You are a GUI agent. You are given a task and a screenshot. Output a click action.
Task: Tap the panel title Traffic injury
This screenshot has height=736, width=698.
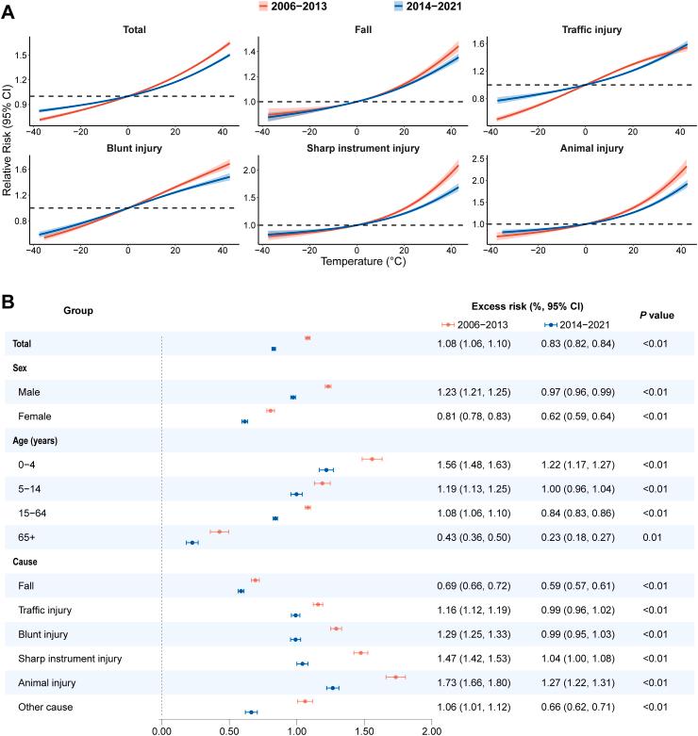592,30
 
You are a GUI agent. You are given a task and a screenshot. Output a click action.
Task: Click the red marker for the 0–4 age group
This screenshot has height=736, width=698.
372,459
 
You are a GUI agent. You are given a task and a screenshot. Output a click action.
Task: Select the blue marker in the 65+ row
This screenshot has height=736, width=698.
191,542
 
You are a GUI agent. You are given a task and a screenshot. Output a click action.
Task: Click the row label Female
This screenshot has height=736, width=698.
34,416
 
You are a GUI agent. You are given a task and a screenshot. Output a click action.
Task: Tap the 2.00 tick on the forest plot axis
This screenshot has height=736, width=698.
431,728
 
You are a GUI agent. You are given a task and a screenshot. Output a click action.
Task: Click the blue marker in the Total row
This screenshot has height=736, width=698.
274,349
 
